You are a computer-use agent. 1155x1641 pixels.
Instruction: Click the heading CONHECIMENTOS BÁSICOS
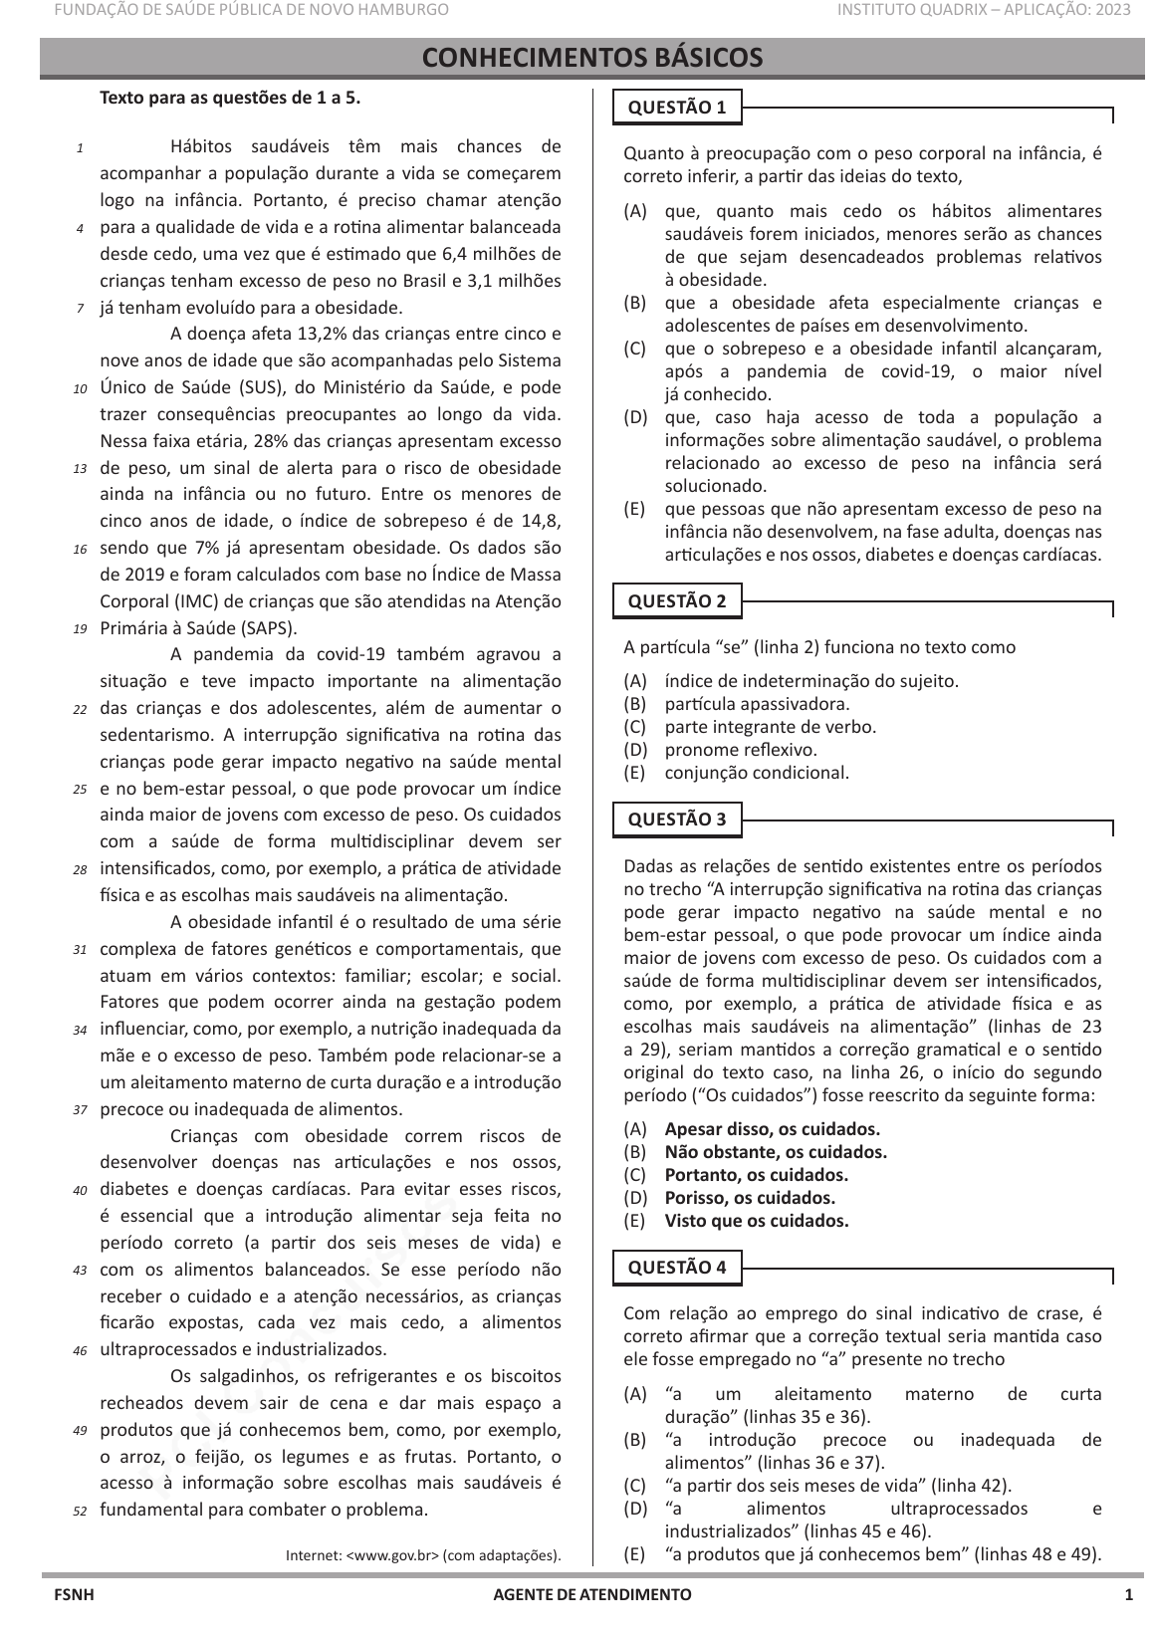[x=592, y=58]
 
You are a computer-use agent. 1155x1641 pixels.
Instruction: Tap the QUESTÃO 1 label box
[x=677, y=108]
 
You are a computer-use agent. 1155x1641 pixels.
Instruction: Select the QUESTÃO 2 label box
[x=677, y=600]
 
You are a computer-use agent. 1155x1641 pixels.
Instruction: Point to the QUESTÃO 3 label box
[x=677, y=820]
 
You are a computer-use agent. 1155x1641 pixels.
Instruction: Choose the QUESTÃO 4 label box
[x=677, y=1267]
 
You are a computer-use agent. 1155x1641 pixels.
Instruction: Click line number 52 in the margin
[x=80, y=1511]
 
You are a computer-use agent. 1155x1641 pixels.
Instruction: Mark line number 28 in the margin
[x=80, y=870]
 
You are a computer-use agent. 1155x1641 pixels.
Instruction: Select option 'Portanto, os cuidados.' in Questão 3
[x=756, y=1175]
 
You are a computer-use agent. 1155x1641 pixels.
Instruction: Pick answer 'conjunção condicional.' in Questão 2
[x=757, y=773]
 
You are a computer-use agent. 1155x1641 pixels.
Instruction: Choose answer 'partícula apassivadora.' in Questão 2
[x=757, y=704]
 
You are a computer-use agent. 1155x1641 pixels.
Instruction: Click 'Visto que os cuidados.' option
[x=757, y=1221]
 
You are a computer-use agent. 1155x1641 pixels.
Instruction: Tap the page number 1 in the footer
[x=1128, y=1594]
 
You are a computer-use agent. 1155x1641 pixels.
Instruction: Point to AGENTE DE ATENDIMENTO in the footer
[x=592, y=1594]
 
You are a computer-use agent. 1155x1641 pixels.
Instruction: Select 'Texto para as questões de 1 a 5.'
[x=230, y=98]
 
